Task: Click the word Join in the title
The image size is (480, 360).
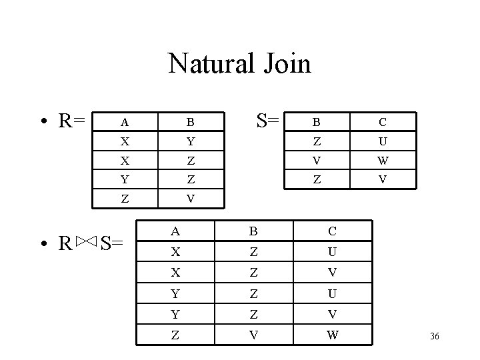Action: click(x=287, y=64)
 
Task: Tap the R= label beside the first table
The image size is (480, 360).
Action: click(x=71, y=121)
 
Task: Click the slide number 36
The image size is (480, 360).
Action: click(x=435, y=336)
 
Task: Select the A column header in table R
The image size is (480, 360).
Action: click(x=124, y=123)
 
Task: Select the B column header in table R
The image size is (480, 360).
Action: click(x=190, y=123)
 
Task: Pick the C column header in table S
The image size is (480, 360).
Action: click(x=383, y=123)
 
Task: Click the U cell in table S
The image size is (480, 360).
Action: click(x=383, y=141)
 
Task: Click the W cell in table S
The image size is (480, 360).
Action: click(x=383, y=160)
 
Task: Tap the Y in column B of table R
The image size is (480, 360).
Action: click(x=190, y=141)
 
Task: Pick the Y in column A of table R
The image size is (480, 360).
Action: click(x=124, y=179)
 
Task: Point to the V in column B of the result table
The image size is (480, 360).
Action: click(x=254, y=335)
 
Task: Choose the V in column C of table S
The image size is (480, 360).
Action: click(x=383, y=179)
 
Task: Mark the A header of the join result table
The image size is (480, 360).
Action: click(x=175, y=232)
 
